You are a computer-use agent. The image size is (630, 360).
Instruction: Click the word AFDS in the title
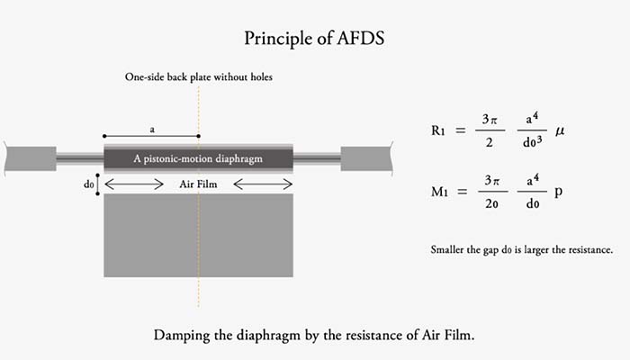[x=361, y=38]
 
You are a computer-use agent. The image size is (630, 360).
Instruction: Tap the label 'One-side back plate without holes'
[x=199, y=76]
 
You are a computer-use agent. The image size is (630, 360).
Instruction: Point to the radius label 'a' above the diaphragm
[x=152, y=130]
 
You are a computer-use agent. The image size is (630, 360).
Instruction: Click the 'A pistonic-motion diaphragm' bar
[x=199, y=158]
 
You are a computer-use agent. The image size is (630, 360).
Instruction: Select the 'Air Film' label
[x=198, y=184]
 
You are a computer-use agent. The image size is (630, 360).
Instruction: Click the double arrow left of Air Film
[x=134, y=184]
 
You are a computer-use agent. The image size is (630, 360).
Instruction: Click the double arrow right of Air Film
[x=263, y=184]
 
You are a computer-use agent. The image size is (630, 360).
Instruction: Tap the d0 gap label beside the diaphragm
[x=88, y=184]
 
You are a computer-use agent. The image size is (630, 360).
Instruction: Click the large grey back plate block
[x=199, y=236]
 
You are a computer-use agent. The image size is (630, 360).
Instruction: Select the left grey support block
[x=31, y=158]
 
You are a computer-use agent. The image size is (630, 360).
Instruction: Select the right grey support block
[x=366, y=158]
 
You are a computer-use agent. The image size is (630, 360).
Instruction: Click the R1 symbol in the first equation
[x=438, y=130]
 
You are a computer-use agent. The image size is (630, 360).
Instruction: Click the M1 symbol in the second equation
[x=439, y=192]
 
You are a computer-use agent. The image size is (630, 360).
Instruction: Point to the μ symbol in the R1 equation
[x=560, y=131]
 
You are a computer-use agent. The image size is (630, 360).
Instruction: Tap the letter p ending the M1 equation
[x=559, y=193]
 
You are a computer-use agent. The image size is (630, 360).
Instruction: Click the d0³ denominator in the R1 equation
[x=533, y=142]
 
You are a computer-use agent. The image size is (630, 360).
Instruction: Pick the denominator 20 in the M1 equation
[x=491, y=203]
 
